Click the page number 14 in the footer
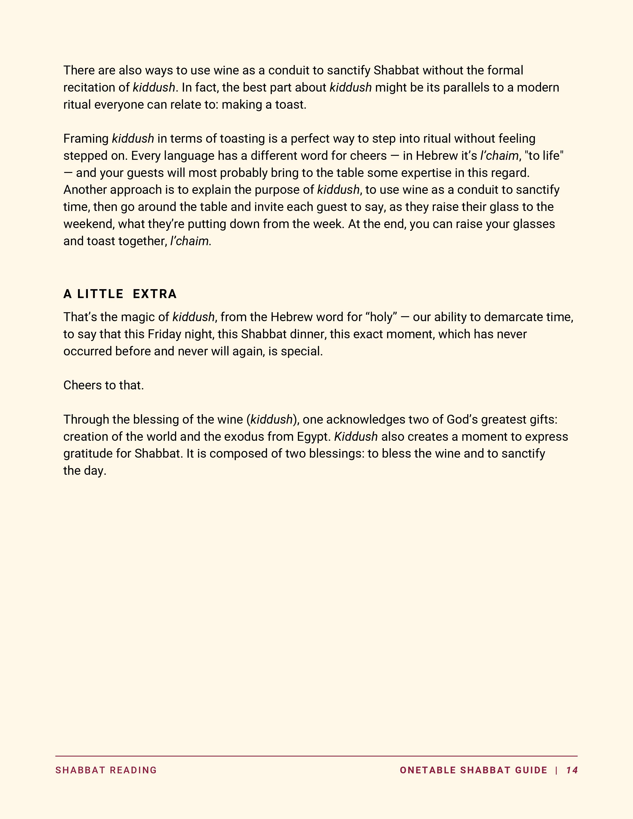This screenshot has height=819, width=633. click(x=572, y=770)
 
